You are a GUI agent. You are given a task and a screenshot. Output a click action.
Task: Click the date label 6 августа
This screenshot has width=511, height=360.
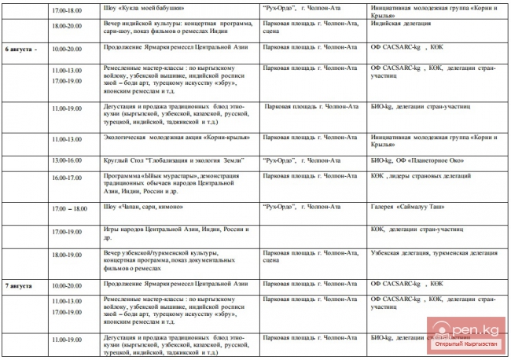click(x=21, y=49)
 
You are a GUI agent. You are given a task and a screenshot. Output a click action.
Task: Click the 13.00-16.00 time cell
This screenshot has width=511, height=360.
click(x=66, y=160)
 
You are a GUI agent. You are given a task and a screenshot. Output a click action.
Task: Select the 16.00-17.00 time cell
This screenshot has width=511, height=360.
click(x=66, y=178)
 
